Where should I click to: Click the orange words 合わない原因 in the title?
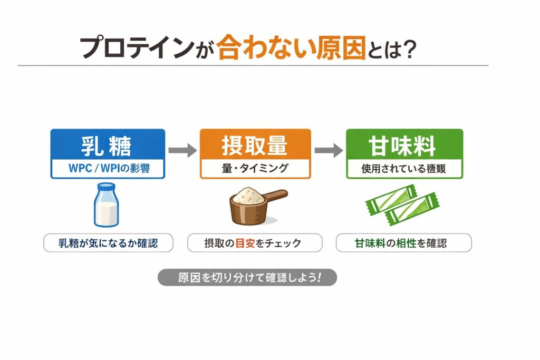(291, 47)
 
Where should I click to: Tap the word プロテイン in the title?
(137, 48)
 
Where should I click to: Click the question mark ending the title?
(409, 49)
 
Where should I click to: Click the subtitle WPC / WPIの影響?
(109, 168)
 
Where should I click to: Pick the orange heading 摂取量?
(255, 145)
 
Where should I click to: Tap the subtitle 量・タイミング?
(255, 168)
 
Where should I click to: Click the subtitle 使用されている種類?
(403, 169)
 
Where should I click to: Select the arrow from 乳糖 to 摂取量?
(182, 150)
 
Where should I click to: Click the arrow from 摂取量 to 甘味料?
(329, 150)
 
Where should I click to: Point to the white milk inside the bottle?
(107, 213)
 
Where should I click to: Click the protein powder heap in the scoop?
(248, 195)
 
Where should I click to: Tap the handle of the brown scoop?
(275, 195)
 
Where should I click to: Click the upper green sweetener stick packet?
(391, 200)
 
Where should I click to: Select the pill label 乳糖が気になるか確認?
(108, 243)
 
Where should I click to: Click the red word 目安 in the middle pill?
(245, 244)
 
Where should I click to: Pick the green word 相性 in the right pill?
(406, 244)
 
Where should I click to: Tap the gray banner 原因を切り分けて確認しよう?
(247, 277)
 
